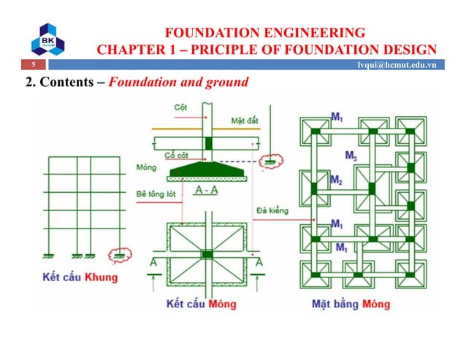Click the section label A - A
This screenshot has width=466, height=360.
pos(208,191)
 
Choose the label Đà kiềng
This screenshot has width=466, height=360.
pos(272,210)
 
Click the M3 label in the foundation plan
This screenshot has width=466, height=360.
pos(351,154)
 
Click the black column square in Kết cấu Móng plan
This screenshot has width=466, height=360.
pos(207,254)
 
